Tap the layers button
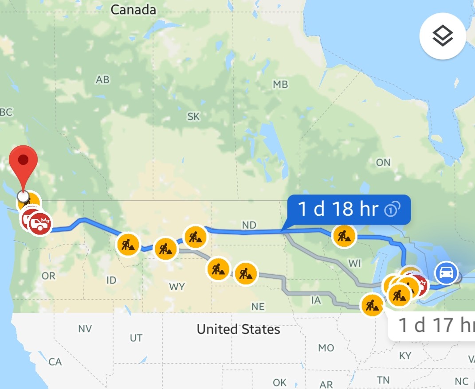click(x=443, y=36)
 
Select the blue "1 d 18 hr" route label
click(x=349, y=209)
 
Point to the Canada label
click(x=133, y=10)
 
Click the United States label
click(x=238, y=329)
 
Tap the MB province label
click(x=280, y=84)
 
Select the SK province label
click(x=193, y=117)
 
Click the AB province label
click(x=102, y=80)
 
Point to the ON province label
click(x=383, y=163)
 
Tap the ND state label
click(x=249, y=225)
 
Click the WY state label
click(x=177, y=287)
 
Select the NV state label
click(x=84, y=329)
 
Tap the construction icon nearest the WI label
click(x=344, y=236)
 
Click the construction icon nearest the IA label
click(x=372, y=305)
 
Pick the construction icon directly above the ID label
click(x=128, y=244)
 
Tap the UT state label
click(x=136, y=338)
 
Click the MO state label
click(x=326, y=348)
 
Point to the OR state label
click(x=48, y=276)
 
